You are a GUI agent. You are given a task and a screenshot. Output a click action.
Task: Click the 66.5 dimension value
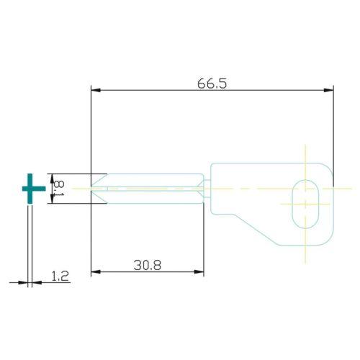pos(212,84)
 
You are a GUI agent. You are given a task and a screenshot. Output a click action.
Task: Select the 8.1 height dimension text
pos(59,188)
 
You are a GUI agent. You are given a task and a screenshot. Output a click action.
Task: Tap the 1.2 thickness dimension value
pos(60,275)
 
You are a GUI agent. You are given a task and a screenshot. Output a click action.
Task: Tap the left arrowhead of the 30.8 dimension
pos(95,272)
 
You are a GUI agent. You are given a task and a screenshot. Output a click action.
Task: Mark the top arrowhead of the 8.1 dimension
pos(50,176)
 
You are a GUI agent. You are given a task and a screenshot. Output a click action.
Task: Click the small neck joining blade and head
pos(207,189)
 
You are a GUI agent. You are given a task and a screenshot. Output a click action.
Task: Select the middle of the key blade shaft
pos(151,188)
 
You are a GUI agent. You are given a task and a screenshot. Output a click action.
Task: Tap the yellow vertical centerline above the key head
pos(306,153)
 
